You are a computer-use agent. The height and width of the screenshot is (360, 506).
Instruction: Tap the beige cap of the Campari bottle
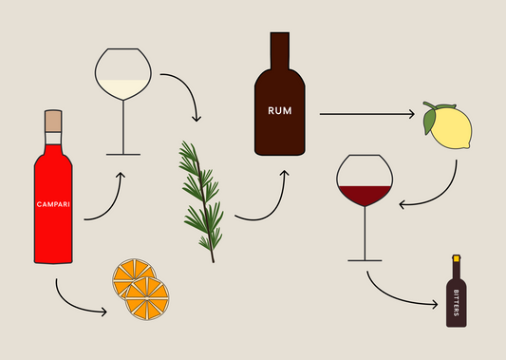coord(53,122)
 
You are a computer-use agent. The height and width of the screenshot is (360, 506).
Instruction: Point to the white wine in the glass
coord(123,87)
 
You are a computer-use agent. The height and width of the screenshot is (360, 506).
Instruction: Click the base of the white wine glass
coord(123,154)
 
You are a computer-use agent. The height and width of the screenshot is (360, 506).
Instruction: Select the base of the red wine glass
coord(363,259)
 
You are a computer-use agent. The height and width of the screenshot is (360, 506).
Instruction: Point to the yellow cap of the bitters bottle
coord(457,257)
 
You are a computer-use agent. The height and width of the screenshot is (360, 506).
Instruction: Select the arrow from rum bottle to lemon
coord(365,115)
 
